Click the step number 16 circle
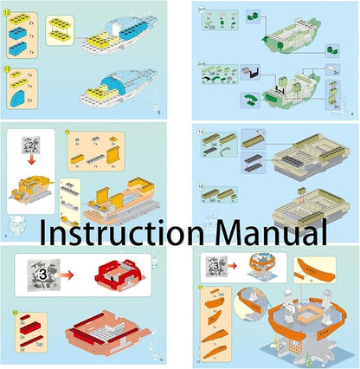(x=202, y=185)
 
